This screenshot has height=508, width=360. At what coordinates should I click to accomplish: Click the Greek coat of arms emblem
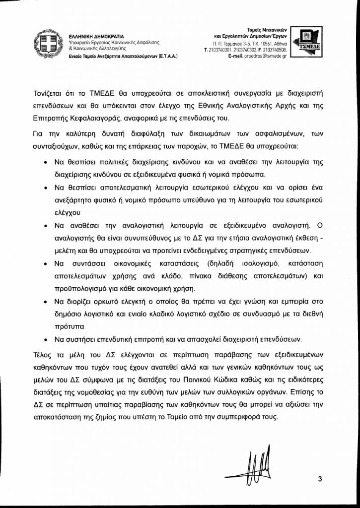click(49, 43)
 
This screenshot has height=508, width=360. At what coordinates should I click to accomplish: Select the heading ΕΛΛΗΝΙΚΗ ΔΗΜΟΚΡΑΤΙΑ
click(96, 36)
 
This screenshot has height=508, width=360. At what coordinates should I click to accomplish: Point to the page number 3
click(320, 479)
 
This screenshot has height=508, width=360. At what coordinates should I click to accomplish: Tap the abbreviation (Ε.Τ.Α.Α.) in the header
click(167, 57)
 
